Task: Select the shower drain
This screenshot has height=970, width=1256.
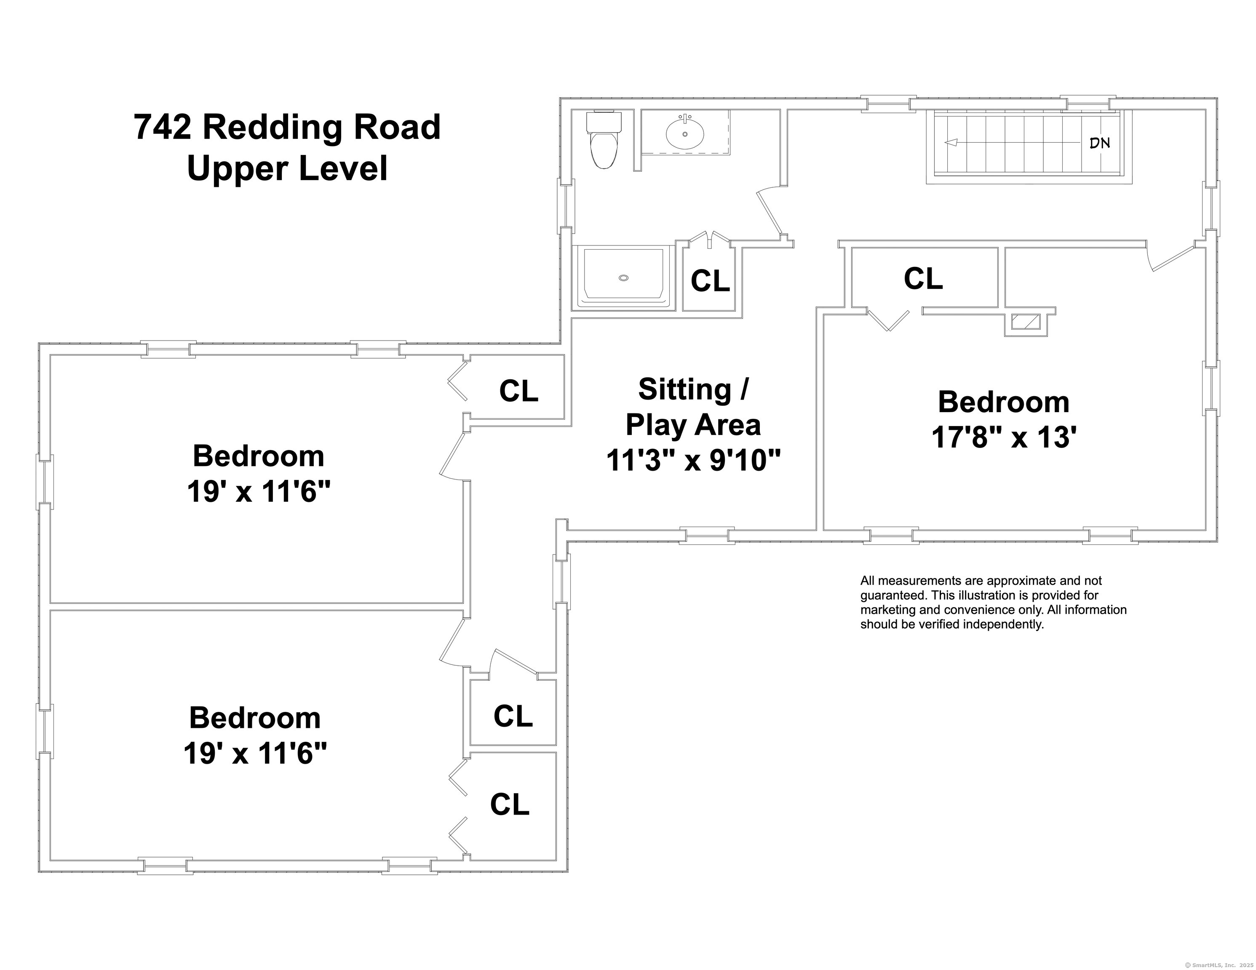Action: (623, 278)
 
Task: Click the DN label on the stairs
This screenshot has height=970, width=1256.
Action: (1100, 143)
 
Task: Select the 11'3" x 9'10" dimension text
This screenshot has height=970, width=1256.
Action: (694, 460)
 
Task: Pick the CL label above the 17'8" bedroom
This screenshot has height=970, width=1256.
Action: (923, 279)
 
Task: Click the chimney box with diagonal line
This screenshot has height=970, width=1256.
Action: (1026, 322)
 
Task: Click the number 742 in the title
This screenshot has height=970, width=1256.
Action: (162, 127)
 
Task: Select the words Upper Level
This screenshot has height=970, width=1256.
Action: (288, 169)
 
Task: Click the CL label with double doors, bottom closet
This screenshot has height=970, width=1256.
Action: (510, 805)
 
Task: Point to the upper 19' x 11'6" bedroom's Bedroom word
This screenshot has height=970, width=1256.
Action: (258, 456)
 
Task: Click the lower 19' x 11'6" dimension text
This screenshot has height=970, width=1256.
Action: (255, 753)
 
